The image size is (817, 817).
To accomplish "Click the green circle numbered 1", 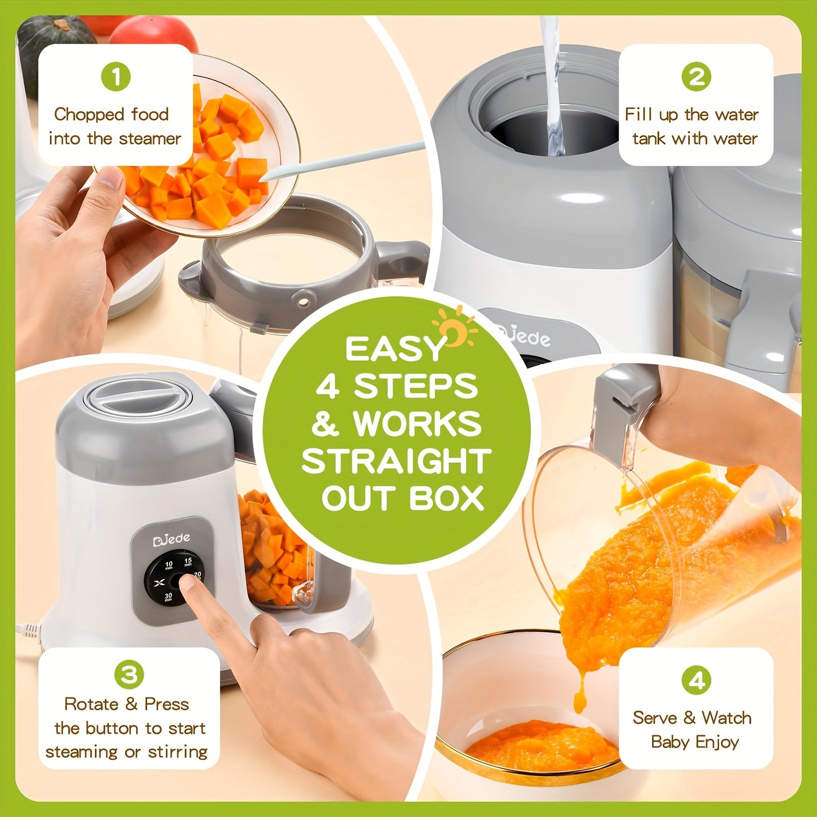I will point(116,76).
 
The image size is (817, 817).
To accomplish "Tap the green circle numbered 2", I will point(696,76).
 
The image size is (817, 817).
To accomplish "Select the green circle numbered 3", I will point(129,675).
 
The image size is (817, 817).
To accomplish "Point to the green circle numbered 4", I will point(696,680).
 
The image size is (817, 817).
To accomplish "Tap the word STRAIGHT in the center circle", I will point(396,461).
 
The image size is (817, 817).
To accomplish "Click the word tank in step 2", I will point(649,139).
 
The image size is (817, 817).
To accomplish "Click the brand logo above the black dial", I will point(171,539).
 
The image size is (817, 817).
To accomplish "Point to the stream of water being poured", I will point(552,85).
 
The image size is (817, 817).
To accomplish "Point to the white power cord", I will point(28,628).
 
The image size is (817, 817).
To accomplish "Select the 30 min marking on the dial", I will point(168,596).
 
